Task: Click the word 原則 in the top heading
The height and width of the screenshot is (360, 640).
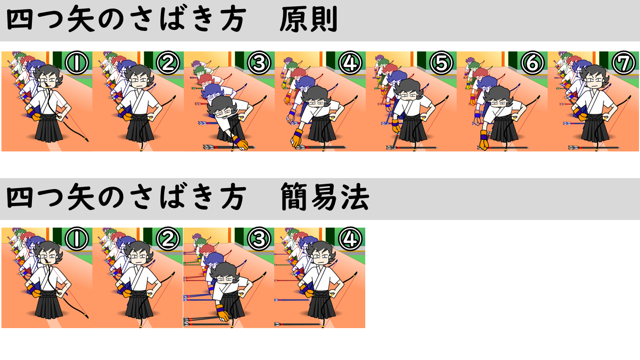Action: pyautogui.click(x=309, y=20)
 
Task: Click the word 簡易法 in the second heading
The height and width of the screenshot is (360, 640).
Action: pyautogui.click(x=325, y=197)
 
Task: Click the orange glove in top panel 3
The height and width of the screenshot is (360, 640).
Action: pyautogui.click(x=240, y=143)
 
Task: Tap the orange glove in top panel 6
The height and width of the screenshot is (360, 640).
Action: pyautogui.click(x=483, y=140)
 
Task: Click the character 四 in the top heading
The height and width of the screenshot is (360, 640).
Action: pyautogui.click(x=20, y=20)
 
